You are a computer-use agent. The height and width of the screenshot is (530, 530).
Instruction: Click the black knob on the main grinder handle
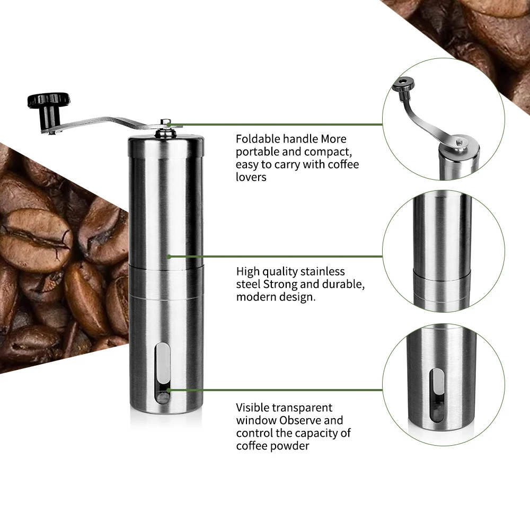click(49, 100)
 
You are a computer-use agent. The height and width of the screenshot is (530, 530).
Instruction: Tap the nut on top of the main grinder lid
click(166, 124)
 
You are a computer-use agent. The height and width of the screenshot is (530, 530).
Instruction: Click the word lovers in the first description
click(251, 177)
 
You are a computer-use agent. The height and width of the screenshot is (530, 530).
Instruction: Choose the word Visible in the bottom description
click(252, 408)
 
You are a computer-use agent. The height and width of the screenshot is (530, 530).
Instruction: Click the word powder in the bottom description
click(290, 446)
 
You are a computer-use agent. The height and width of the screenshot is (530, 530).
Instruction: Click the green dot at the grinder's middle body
click(169, 257)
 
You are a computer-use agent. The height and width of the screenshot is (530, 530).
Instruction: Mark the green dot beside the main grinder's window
click(169, 390)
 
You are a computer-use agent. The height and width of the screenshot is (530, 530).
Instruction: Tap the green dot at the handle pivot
click(169, 125)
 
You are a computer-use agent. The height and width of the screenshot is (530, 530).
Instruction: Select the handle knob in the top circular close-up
click(404, 84)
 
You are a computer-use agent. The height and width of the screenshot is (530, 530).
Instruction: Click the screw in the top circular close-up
click(459, 142)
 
